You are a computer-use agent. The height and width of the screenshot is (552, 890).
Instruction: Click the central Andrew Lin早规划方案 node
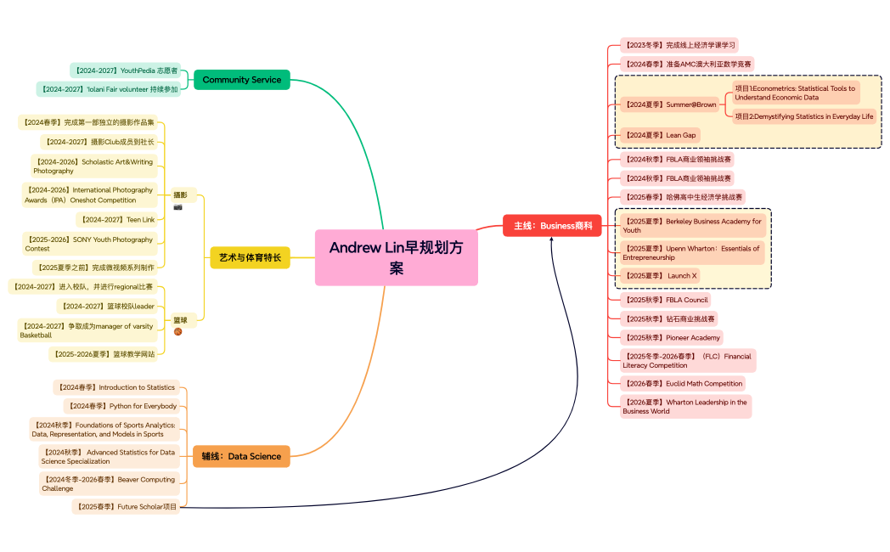click(396, 257)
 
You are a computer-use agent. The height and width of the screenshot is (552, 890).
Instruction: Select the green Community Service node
click(241, 80)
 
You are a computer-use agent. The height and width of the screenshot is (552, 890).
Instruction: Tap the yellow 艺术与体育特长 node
click(250, 257)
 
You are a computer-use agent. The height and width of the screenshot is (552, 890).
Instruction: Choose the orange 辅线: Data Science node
click(241, 456)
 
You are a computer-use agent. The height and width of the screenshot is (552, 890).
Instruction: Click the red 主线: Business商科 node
click(552, 225)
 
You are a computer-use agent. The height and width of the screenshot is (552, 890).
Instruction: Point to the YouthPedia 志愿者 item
click(125, 70)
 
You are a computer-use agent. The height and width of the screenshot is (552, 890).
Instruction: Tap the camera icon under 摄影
click(178, 206)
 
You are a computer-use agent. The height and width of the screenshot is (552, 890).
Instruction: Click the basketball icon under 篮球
click(178, 331)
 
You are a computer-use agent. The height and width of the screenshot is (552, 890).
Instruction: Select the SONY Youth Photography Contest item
click(89, 245)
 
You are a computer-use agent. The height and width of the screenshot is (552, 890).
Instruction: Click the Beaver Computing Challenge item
click(110, 484)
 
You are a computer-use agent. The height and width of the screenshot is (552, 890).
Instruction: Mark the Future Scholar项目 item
click(126, 507)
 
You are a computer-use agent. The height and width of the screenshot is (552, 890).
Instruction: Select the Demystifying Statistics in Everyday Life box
click(803, 116)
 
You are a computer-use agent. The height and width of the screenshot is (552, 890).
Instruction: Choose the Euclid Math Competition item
click(683, 384)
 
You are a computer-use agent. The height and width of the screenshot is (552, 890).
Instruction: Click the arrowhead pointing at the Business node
click(552, 239)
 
